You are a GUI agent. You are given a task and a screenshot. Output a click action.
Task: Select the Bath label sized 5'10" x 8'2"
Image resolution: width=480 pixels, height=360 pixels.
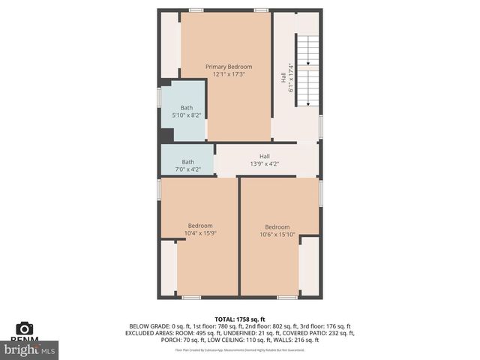tap(186, 107)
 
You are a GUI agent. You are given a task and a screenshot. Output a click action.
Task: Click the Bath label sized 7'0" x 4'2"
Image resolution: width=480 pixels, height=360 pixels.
tap(187, 162)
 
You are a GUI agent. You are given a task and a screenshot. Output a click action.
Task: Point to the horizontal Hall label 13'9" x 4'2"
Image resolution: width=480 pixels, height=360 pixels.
tap(265, 156)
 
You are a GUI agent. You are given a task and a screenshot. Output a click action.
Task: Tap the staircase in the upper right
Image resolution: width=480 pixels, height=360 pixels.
tap(308, 71)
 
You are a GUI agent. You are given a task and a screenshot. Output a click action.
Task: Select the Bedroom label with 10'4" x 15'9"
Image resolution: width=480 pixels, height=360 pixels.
tap(200, 226)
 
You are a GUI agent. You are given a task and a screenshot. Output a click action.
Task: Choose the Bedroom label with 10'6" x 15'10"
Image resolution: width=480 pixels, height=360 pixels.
tap(277, 227)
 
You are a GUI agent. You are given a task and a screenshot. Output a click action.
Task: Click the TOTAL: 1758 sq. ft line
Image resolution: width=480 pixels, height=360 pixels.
tap(240, 319)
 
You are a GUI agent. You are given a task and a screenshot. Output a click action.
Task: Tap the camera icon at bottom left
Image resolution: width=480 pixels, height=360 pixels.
tap(25, 328)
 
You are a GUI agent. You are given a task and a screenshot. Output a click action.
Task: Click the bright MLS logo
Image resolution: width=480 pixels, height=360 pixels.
tap(30, 349)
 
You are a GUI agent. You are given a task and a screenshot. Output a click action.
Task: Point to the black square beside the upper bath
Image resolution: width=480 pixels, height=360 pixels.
tap(166, 135)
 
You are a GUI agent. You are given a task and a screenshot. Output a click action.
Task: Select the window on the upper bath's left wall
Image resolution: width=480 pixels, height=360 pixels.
tap(159, 97)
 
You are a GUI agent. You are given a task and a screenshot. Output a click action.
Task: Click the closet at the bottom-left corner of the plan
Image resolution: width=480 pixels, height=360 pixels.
tap(169, 267)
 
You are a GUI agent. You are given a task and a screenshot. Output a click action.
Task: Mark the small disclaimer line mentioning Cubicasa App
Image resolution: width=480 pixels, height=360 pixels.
tap(240, 349)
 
